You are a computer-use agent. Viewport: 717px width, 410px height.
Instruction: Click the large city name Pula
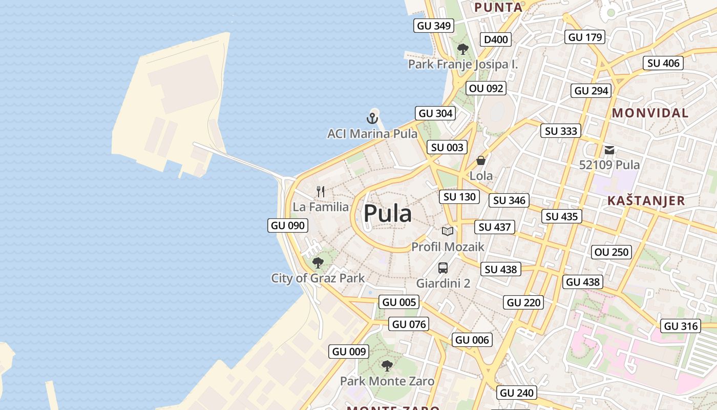(x=388, y=214)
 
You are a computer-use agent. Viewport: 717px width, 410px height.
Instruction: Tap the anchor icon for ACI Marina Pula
(x=372, y=118)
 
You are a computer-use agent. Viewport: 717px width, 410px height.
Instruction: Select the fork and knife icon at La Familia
(x=321, y=192)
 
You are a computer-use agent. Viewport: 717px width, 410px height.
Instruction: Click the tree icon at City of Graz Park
(x=318, y=263)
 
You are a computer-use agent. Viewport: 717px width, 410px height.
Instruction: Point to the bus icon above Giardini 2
(x=443, y=268)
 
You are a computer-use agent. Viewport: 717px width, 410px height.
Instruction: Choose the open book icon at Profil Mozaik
(x=448, y=231)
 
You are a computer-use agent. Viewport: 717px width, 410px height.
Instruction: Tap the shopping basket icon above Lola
(x=481, y=160)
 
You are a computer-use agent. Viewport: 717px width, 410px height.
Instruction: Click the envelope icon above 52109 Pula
(x=609, y=150)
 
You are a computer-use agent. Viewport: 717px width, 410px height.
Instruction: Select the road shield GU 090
(x=288, y=225)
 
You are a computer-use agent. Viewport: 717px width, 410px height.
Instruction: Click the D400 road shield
(x=496, y=39)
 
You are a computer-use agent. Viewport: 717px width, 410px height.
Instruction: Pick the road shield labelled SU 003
(x=447, y=148)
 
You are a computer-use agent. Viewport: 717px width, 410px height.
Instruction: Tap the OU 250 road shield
(x=611, y=252)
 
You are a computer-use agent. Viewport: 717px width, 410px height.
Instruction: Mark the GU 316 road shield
(x=681, y=326)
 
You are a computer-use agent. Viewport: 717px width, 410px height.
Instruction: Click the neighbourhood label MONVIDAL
(x=650, y=113)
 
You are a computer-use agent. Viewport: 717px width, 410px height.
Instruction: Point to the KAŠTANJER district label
(x=646, y=200)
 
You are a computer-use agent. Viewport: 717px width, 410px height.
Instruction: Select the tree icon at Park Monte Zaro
(x=387, y=366)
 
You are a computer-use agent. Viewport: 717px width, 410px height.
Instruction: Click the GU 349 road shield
(x=434, y=26)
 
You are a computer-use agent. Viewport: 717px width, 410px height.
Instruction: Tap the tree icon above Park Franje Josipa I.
(x=463, y=49)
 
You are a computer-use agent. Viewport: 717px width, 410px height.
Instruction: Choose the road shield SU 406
(x=663, y=63)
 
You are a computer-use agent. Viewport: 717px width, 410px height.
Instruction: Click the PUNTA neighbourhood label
(x=498, y=7)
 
